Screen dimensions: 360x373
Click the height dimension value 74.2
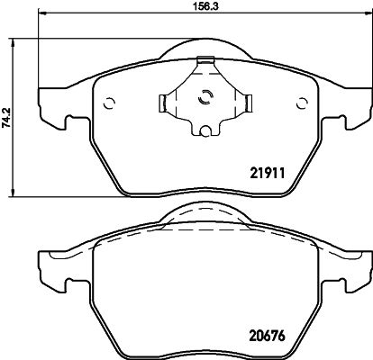[7, 116]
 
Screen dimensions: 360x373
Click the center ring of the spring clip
[204, 100]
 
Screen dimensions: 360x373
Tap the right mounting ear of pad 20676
[358, 268]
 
